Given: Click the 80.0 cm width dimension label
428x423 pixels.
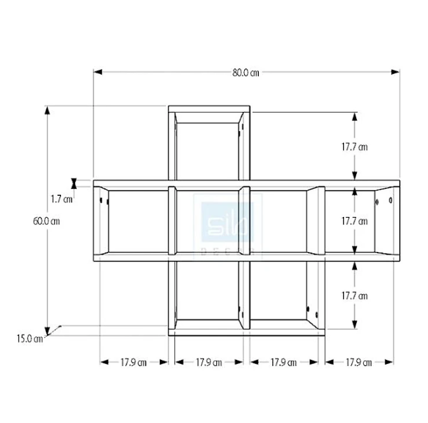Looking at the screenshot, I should pyautogui.click(x=245, y=72).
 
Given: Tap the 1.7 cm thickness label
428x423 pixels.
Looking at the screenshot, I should pyautogui.click(x=62, y=198).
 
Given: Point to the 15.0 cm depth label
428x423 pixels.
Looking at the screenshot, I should pyautogui.click(x=29, y=338).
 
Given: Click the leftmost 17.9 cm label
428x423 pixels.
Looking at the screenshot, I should pyautogui.click(x=134, y=363).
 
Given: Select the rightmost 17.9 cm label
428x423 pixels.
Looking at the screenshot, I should pyautogui.click(x=359, y=363).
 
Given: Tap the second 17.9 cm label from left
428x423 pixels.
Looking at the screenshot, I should pyautogui.click(x=209, y=363).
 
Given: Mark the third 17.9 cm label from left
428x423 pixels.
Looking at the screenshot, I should pyautogui.click(x=284, y=363).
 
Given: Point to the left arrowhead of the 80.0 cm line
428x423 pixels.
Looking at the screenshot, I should pyautogui.click(x=97, y=72).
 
